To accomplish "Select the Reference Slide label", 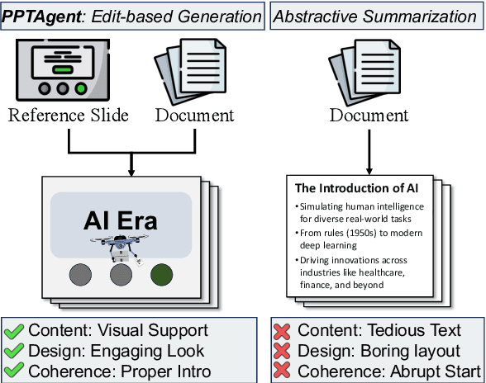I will click(x=69, y=115).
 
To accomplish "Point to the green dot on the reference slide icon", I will click(x=80, y=88).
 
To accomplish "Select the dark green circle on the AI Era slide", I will click(x=161, y=274).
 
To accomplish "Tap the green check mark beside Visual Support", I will click(x=13, y=331).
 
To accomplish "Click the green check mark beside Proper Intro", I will click(x=13, y=371).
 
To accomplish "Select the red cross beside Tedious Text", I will click(x=282, y=331).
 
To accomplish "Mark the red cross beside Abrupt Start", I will click(x=282, y=371).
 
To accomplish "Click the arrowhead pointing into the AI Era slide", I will click(x=131, y=173).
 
